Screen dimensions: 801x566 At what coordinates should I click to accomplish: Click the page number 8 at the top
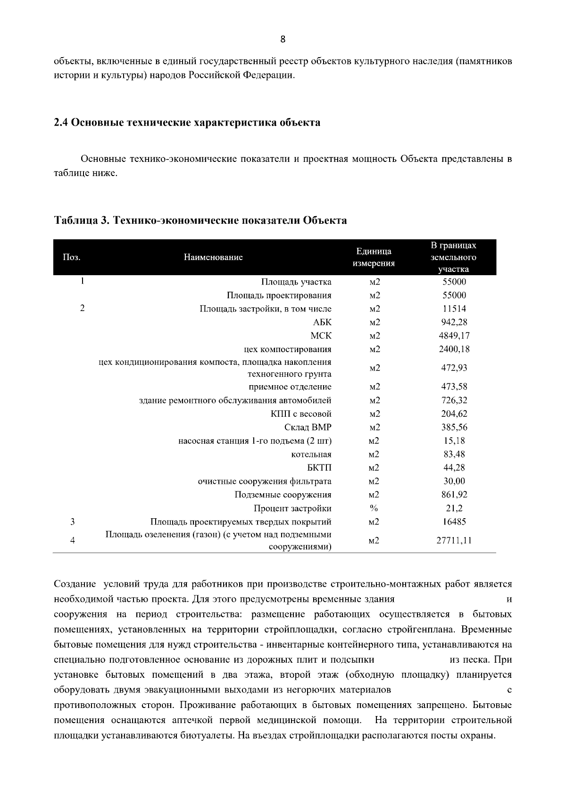pyautogui.click(x=283, y=40)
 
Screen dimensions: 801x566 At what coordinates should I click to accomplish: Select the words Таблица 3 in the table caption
pyautogui.click(x=82, y=220)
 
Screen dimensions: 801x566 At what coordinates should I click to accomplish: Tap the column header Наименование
pyautogui.click(x=213, y=257)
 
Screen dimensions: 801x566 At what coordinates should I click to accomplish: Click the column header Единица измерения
pyautogui.click(x=374, y=257)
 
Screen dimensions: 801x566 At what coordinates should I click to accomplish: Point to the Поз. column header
pyautogui.click(x=72, y=257)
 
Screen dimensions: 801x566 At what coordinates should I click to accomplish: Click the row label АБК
pyautogui.click(x=322, y=322)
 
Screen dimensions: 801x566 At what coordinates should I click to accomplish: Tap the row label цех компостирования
pyautogui.click(x=287, y=349)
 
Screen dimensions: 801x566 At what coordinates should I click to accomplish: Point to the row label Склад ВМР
pyautogui.click(x=308, y=428)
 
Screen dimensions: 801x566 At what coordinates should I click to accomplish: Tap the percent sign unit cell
pyautogui.click(x=374, y=508)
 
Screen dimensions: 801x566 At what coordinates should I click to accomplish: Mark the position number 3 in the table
pyautogui.click(x=72, y=522)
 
